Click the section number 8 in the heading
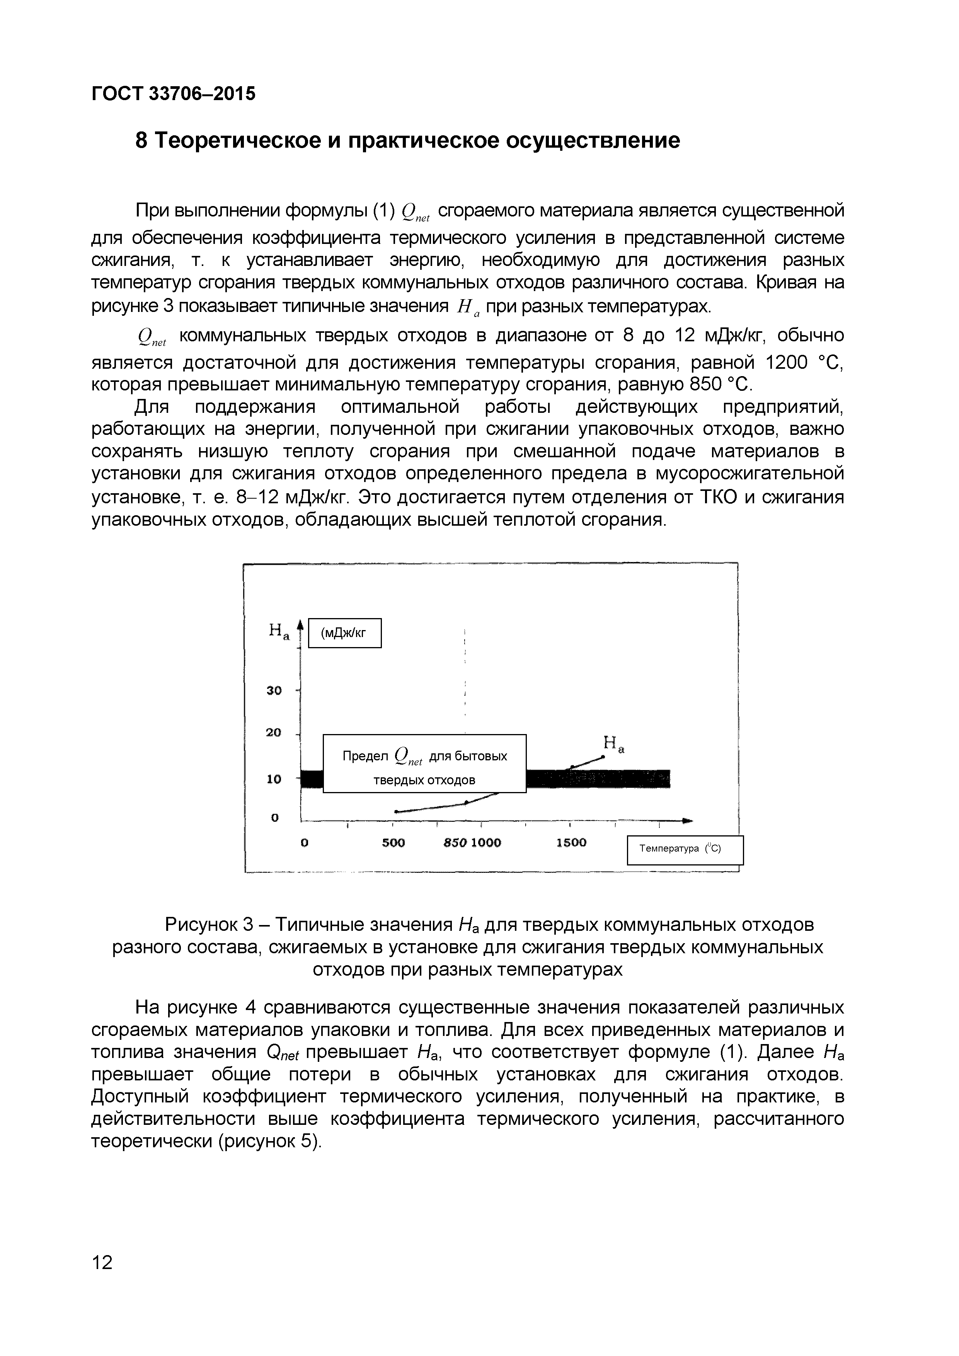coord(142,141)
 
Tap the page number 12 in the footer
coord(102,1263)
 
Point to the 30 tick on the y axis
coord(274,690)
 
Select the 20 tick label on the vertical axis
coord(274,733)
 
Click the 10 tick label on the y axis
coord(274,779)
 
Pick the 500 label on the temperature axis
coord(393,843)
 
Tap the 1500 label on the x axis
coord(571,843)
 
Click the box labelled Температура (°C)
coord(685,849)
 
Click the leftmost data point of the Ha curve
coord(396,811)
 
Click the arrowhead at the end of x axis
coord(687,820)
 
